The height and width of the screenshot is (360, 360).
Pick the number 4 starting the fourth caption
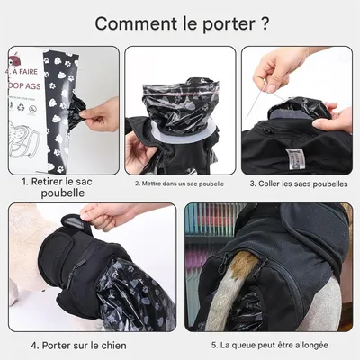tap(33, 345)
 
